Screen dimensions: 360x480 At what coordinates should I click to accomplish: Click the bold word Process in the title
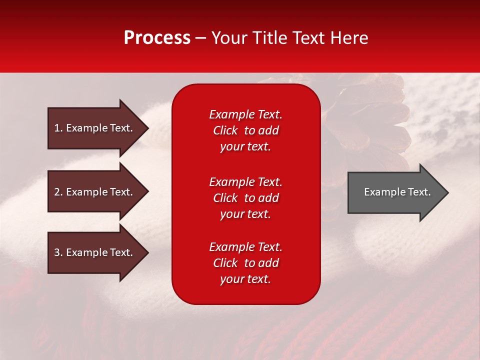[x=157, y=38]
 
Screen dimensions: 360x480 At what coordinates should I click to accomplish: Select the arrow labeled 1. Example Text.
[x=95, y=128]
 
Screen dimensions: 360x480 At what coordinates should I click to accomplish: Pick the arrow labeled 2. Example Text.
[x=95, y=192]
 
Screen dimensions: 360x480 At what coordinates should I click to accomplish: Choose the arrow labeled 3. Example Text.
[x=95, y=253]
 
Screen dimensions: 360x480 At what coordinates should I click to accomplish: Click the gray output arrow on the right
[x=395, y=192]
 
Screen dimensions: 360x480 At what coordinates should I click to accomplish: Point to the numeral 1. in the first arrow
[x=58, y=128]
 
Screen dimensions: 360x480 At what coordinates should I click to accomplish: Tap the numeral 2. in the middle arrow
[x=58, y=192]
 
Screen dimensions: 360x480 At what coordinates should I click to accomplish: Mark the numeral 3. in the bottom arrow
[x=58, y=253]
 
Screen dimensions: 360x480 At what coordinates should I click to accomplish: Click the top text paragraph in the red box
[x=245, y=130]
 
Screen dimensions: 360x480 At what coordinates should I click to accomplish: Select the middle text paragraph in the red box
[x=245, y=198]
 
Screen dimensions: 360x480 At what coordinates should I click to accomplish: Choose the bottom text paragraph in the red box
[x=245, y=263]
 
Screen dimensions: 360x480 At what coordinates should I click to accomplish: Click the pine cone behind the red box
[x=370, y=120]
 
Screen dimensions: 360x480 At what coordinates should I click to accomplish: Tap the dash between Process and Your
[x=200, y=38]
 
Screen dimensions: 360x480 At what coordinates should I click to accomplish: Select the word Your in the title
[x=230, y=38]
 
